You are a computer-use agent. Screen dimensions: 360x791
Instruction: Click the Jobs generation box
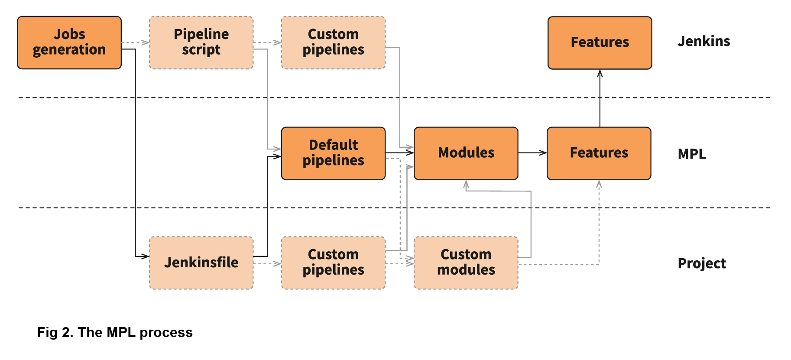pos(69,42)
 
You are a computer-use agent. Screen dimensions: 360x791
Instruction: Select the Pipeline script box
pos(201,42)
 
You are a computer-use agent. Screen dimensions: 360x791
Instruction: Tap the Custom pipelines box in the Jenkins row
pos(333,42)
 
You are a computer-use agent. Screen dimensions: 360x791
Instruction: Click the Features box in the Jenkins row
pos(600,42)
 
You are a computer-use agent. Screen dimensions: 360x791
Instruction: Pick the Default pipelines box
pos(333,153)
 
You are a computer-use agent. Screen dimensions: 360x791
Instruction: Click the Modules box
pos(466,153)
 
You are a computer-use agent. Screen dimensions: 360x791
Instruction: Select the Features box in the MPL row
pos(599,153)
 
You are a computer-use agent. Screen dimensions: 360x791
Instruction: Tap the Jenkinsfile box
pos(201,263)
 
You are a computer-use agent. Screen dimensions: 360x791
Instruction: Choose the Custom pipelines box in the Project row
pos(333,263)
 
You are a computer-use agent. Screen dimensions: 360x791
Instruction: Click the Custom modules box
pos(466,263)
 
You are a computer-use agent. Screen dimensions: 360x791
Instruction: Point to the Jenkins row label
pos(703,42)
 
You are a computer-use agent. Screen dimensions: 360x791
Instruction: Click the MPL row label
pos(691,154)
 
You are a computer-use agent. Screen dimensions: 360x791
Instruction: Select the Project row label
pos(701,263)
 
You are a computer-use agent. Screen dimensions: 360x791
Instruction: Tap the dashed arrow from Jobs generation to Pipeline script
pos(135,42)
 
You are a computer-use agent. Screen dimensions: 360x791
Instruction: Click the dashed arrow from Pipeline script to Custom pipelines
pos(267,42)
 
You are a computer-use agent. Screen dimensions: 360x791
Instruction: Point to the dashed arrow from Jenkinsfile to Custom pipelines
pos(267,263)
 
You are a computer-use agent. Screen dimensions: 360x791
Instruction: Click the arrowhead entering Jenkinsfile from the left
pos(145,256)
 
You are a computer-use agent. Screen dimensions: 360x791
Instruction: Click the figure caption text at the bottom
pos(115,332)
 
